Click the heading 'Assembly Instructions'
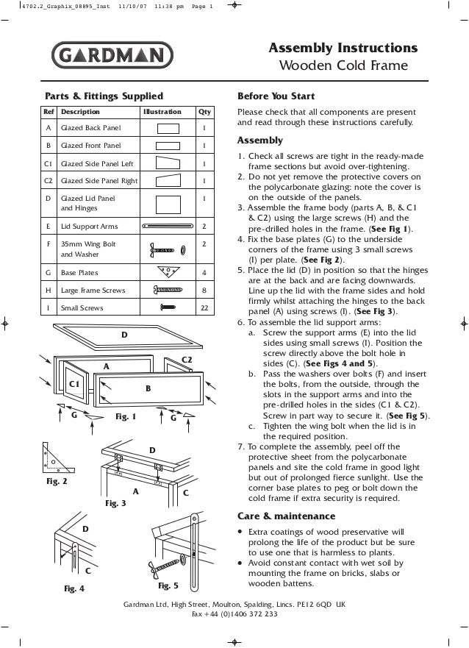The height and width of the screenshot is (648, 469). tap(345, 49)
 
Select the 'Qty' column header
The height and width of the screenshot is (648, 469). tap(203, 113)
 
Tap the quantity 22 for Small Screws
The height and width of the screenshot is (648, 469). tap(203, 308)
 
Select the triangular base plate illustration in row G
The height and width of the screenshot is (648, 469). tap(168, 272)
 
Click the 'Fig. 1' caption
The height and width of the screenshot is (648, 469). tap(126, 417)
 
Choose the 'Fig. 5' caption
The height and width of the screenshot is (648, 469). tap(168, 586)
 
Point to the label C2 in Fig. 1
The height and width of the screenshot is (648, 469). tap(186, 358)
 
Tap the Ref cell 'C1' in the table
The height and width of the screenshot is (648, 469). tap(49, 163)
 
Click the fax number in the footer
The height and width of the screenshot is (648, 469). tap(234, 615)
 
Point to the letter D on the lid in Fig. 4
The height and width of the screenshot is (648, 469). tap(85, 529)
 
